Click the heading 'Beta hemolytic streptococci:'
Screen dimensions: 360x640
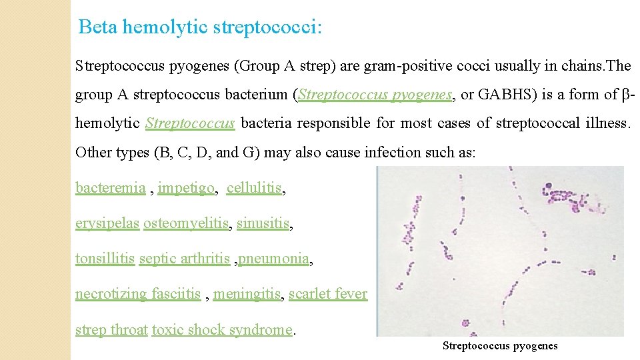[200, 27]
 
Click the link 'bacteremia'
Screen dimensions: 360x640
[111, 188]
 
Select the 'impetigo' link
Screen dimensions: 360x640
[186, 188]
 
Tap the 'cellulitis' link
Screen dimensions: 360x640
[254, 188]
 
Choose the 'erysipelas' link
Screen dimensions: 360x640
[107, 224]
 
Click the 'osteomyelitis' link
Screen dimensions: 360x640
[186, 224]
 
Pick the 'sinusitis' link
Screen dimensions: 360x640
[263, 224]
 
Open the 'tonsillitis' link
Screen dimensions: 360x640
[105, 259]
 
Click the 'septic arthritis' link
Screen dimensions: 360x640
[184, 259]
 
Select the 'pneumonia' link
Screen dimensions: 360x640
[274, 259]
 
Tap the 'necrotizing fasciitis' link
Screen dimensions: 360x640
[138, 294]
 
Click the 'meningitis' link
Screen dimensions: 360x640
[248, 294]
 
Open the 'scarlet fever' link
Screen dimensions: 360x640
[328, 294]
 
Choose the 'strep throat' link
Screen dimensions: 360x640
[111, 329]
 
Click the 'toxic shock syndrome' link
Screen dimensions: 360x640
[223, 329]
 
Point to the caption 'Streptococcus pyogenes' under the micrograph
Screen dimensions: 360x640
[500, 346]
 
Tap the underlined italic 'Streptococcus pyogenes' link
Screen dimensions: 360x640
[375, 95]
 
